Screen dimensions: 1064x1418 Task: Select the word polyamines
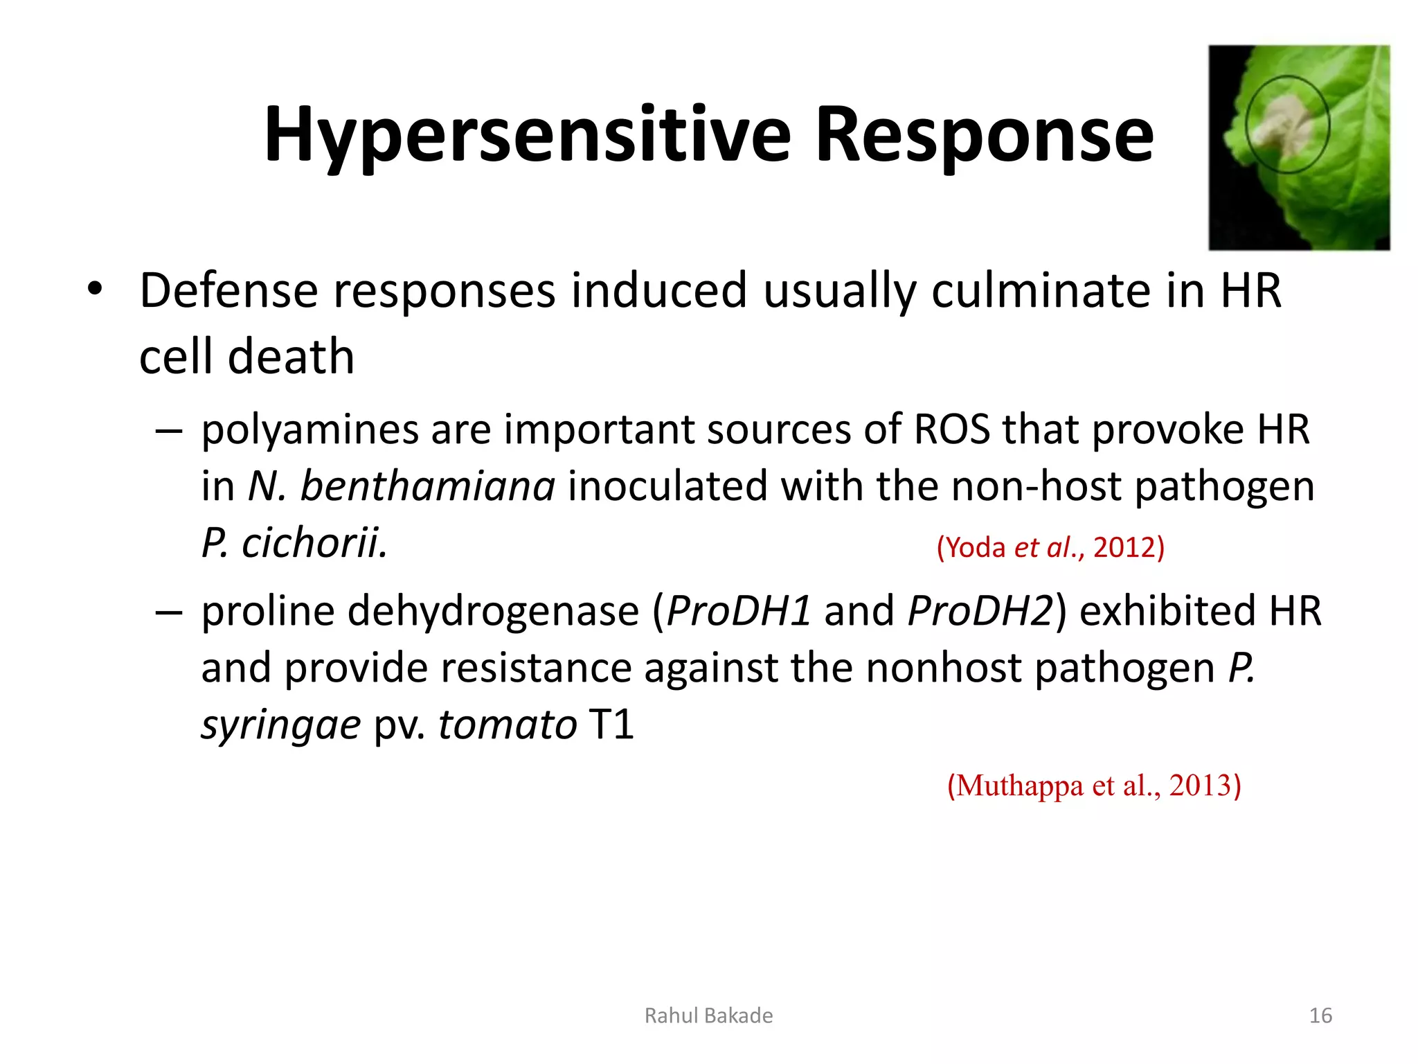pyautogui.click(x=309, y=430)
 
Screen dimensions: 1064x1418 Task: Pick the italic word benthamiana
pyautogui.click(x=427, y=486)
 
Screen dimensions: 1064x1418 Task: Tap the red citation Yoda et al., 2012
pyautogui.click(x=1050, y=547)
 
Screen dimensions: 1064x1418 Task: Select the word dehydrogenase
pyautogui.click(x=493, y=612)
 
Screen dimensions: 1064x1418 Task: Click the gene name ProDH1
pyautogui.click(x=737, y=612)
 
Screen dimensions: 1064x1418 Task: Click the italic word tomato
pyautogui.click(x=508, y=725)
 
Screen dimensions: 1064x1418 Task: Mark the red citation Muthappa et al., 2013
pyautogui.click(x=1093, y=786)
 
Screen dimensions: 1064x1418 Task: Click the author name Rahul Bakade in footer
pyautogui.click(x=708, y=1016)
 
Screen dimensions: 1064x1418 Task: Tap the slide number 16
pyautogui.click(x=1320, y=1016)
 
